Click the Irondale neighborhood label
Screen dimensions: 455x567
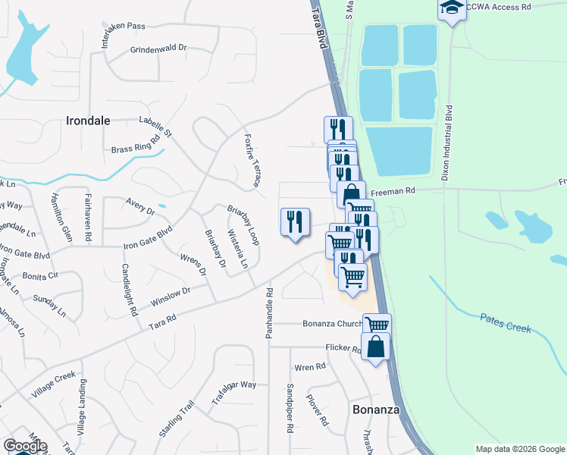[x=89, y=121]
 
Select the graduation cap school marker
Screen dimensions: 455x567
[x=452, y=10]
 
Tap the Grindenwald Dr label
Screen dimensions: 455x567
[x=158, y=48]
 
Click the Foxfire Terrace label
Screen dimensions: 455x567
[x=252, y=161]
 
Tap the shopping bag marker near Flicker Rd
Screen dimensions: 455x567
[x=376, y=348]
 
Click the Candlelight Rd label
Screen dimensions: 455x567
[x=129, y=290]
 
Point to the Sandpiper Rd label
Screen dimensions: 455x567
[x=290, y=408]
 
